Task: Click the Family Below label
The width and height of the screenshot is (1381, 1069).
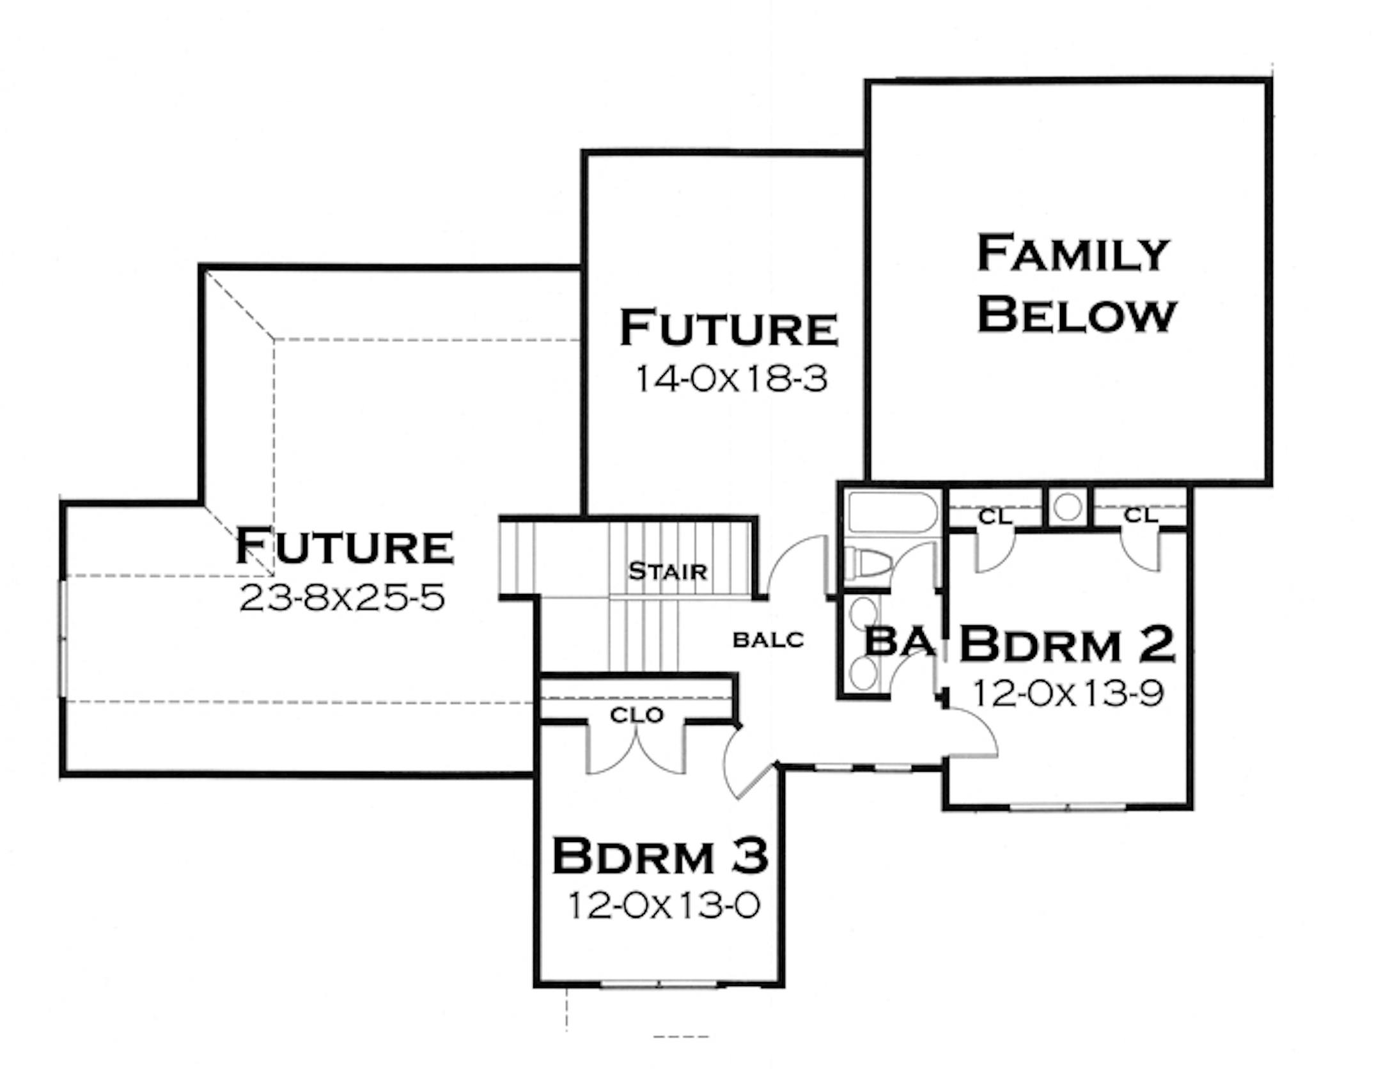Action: coord(1076,284)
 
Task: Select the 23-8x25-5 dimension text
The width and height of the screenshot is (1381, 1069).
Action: coord(342,598)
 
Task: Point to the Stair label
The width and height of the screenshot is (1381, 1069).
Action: coord(667,571)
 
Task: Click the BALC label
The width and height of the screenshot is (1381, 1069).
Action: coord(768,639)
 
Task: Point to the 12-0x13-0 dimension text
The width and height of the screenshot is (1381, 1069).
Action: coord(664,906)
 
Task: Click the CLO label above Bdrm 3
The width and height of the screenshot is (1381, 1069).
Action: coord(637,715)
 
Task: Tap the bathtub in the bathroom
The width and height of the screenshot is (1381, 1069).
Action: coord(892,511)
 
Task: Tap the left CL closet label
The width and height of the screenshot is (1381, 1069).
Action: coord(995,517)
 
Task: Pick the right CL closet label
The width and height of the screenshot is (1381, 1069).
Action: coord(1140,515)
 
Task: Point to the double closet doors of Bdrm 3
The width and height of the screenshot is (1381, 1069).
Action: coord(637,752)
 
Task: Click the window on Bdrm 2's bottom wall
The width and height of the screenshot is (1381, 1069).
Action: coord(1068,807)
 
